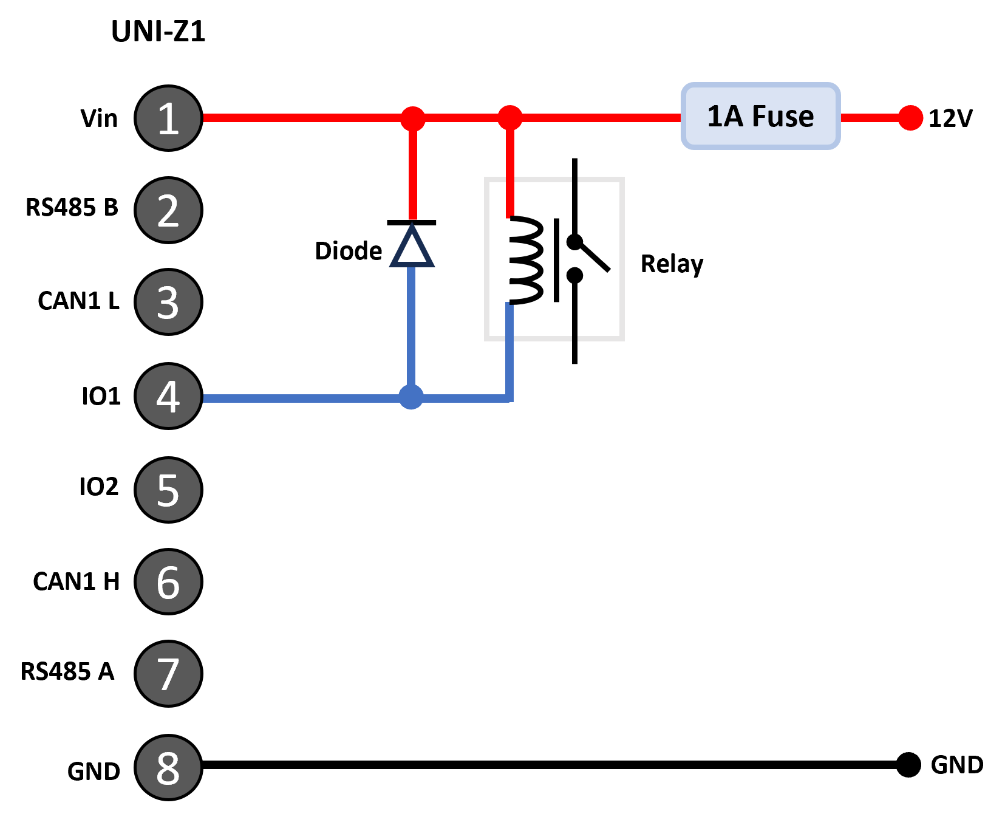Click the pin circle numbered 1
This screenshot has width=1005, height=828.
click(168, 118)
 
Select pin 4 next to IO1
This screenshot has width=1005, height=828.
click(168, 396)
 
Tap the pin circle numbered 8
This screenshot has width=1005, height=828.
click(168, 768)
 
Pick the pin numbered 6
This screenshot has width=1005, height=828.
click(168, 582)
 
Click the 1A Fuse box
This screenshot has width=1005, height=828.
click(761, 116)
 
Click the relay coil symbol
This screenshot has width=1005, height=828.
click(525, 260)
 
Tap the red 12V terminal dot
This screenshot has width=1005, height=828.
click(910, 118)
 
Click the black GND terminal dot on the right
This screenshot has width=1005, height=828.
click(908, 765)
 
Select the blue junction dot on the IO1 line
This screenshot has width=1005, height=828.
click(411, 397)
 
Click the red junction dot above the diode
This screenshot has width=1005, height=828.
click(413, 118)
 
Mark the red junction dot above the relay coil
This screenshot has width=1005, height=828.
click(510, 118)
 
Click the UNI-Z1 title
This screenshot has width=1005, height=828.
click(158, 32)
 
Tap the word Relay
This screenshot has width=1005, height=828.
click(672, 264)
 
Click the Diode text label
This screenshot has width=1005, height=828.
click(349, 251)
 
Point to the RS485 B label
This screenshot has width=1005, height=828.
click(72, 208)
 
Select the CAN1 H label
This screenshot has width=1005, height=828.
click(77, 582)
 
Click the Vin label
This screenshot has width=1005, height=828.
click(99, 118)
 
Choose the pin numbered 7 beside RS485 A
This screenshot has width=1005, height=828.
click(168, 674)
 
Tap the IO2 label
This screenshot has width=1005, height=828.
click(99, 487)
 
